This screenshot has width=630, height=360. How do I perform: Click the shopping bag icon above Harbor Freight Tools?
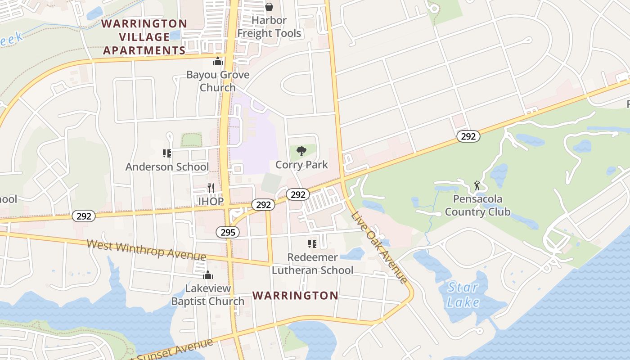[x=269, y=7]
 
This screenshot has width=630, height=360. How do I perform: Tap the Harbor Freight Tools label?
[x=269, y=27]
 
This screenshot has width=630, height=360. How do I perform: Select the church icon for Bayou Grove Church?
[x=218, y=61]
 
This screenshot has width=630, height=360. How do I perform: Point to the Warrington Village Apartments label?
[x=144, y=37]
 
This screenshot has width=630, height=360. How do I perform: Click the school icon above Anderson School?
[x=167, y=153]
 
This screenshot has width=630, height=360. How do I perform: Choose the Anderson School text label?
[x=167, y=167]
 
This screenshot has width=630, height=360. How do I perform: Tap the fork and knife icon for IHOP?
[x=211, y=188]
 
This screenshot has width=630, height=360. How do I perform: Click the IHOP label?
[x=211, y=201]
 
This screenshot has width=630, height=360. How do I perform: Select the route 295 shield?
[x=228, y=232]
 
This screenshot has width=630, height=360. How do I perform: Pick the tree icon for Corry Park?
[x=301, y=151]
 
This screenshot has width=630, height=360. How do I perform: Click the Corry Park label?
[x=301, y=165]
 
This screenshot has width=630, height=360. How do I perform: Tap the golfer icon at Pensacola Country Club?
[x=477, y=185]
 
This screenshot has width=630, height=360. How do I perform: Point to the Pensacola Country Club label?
[x=477, y=205]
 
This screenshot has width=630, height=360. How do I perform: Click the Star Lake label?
[x=463, y=295]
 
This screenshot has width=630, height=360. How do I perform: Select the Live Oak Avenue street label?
[x=379, y=247]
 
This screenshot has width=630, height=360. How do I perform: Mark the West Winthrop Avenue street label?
[x=146, y=250]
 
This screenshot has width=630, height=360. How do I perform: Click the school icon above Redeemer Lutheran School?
[x=312, y=244]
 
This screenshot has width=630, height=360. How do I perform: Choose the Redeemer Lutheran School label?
[x=312, y=264]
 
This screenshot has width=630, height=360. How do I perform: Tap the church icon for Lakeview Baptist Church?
[x=207, y=275]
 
